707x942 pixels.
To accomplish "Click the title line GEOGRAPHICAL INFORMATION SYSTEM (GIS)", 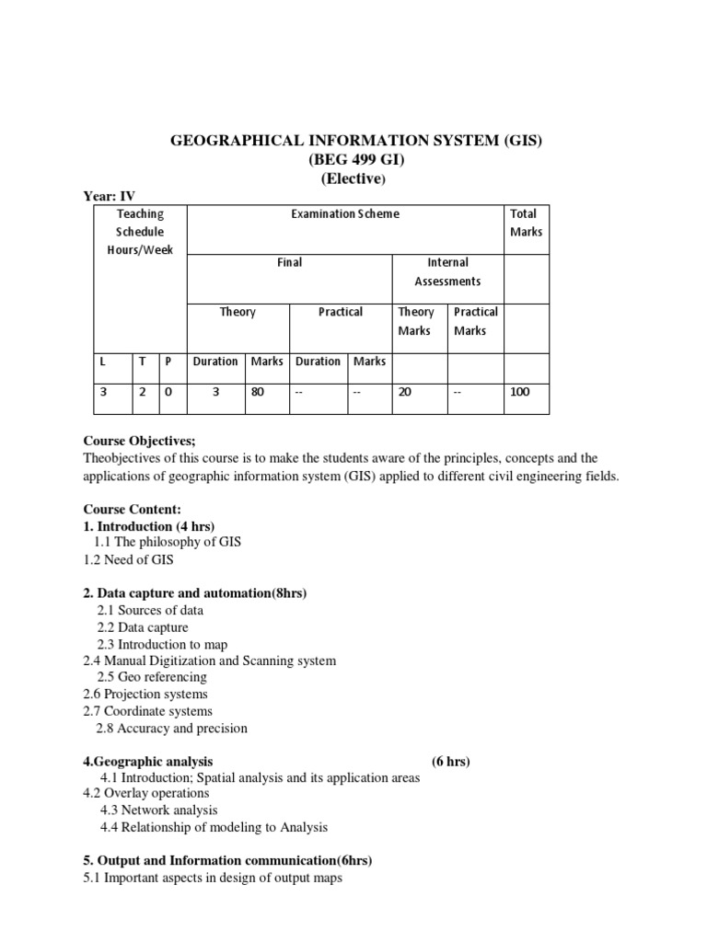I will [353, 141].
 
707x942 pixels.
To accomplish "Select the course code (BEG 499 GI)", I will [353, 159].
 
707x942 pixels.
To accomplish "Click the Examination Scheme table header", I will [344, 213].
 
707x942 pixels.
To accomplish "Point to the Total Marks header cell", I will [526, 223].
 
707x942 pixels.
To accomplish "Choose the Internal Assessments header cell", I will [447, 271].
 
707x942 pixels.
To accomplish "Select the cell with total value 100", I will [519, 392].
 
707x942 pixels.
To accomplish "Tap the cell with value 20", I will [405, 392].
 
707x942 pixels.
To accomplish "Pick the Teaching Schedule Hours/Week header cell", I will [139, 232].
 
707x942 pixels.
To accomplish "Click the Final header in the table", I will [289, 263].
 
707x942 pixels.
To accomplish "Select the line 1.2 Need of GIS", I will [128, 559].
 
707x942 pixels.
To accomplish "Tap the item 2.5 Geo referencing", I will [151, 677].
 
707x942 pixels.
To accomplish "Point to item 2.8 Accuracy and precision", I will [171, 728].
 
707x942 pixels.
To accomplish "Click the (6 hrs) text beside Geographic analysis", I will [451, 762].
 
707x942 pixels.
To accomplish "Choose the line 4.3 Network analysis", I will [158, 810].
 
